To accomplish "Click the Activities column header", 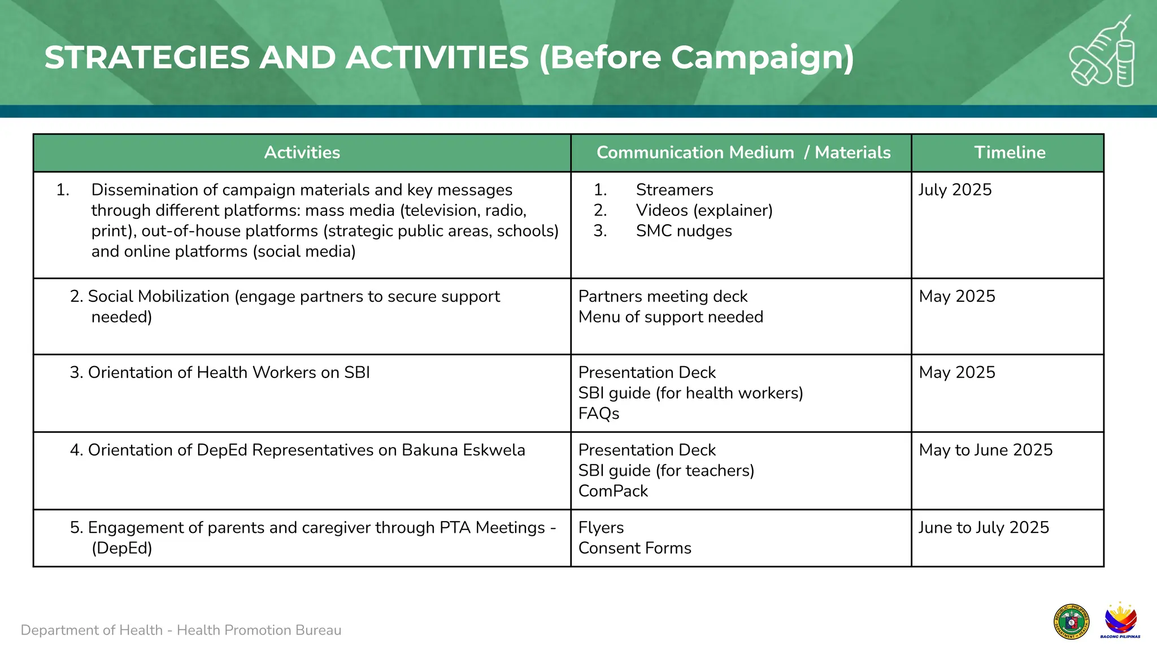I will tap(302, 153).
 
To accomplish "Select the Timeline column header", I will tap(1010, 153).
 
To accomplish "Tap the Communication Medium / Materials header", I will tap(743, 153).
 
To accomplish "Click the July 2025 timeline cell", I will tap(955, 190).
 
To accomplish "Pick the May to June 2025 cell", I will tap(985, 450).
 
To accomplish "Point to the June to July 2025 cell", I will tap(983, 528).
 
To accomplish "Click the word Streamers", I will tap(675, 190).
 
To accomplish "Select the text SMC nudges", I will tap(684, 231).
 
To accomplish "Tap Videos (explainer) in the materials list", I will tap(704, 211).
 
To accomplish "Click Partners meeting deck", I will tap(663, 297).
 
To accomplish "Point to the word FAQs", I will tap(599, 414).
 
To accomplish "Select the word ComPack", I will tap(613, 491).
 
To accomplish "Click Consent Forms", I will tap(634, 548).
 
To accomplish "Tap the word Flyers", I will tap(601, 528).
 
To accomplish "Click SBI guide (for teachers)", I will tap(666, 471).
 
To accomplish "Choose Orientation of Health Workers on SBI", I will tap(228, 373).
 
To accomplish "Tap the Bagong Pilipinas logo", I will tap(1120, 620).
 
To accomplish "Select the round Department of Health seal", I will tap(1071, 622).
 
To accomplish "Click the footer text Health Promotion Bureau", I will tap(259, 630).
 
